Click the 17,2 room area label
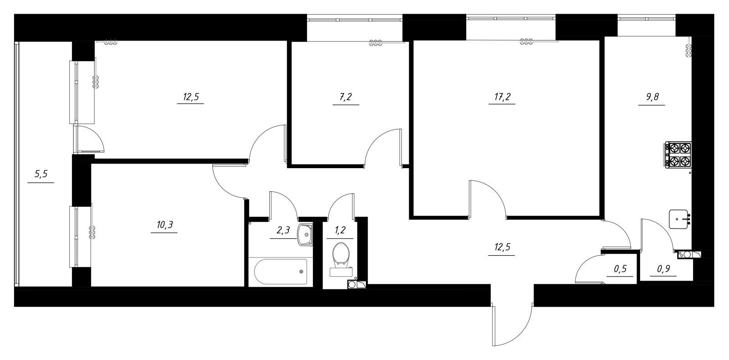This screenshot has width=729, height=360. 502,97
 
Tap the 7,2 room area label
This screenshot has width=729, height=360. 346,97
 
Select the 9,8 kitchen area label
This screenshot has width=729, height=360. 651,97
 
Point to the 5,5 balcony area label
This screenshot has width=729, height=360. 41,174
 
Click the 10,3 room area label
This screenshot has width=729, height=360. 164,225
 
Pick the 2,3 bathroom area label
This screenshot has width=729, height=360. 283,231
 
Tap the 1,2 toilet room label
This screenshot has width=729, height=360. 340,231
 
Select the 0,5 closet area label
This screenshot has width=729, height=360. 620,269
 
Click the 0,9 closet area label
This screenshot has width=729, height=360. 663,269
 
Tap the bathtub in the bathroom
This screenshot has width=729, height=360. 281,272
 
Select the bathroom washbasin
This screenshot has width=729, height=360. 305,234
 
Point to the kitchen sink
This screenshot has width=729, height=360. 679,219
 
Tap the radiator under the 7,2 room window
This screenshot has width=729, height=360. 375,42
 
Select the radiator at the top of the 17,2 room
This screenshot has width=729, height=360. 526,41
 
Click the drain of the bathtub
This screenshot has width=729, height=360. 301,272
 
